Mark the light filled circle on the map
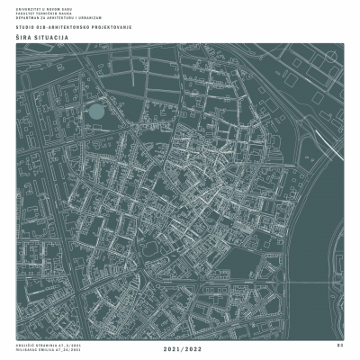click(94, 112)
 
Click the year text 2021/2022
click(180, 347)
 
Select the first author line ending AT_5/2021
click(37, 344)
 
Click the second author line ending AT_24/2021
click(38, 349)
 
